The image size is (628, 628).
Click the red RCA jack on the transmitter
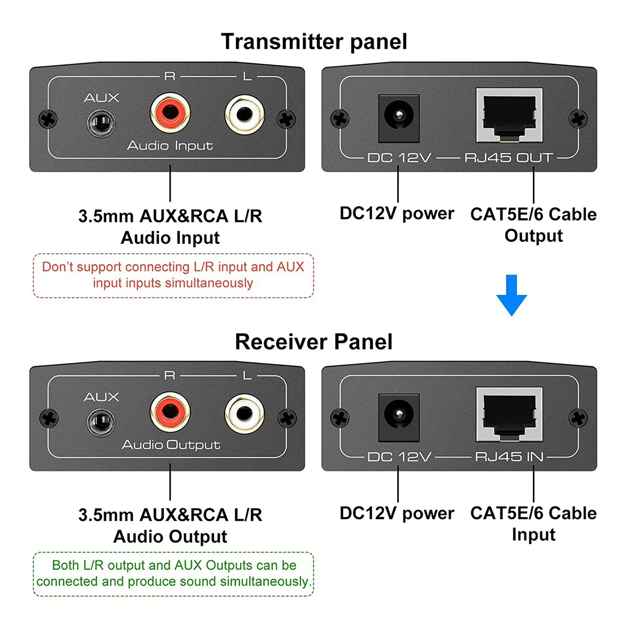170,113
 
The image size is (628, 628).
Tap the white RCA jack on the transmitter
244,114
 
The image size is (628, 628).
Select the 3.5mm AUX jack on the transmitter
101,124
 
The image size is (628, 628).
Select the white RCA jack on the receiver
244,413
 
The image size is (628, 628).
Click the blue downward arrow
511,295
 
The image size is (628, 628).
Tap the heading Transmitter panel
314,42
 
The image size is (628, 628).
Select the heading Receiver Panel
314,342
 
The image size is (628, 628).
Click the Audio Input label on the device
170,145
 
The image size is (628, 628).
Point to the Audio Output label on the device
171,445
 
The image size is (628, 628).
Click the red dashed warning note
173,275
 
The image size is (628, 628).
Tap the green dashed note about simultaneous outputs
173,574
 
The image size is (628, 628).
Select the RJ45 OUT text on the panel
509,158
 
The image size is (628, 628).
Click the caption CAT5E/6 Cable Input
533,523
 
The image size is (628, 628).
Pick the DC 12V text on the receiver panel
399,457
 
